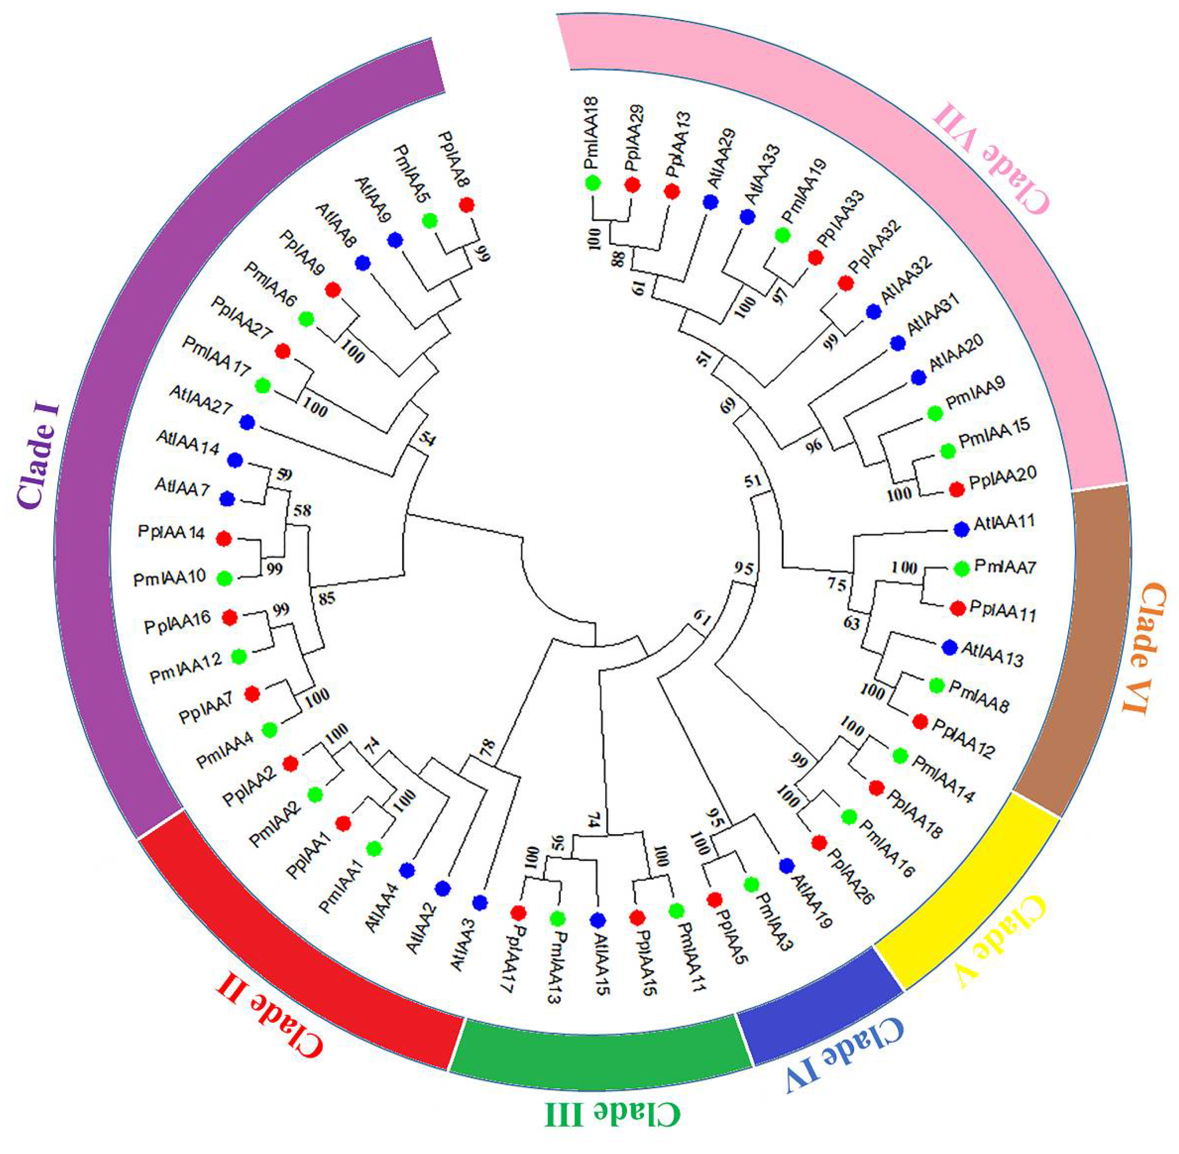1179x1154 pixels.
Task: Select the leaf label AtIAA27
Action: click(200, 401)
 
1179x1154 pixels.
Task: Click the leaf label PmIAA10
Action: click(170, 579)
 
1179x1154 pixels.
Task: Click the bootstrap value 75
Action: click(837, 584)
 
